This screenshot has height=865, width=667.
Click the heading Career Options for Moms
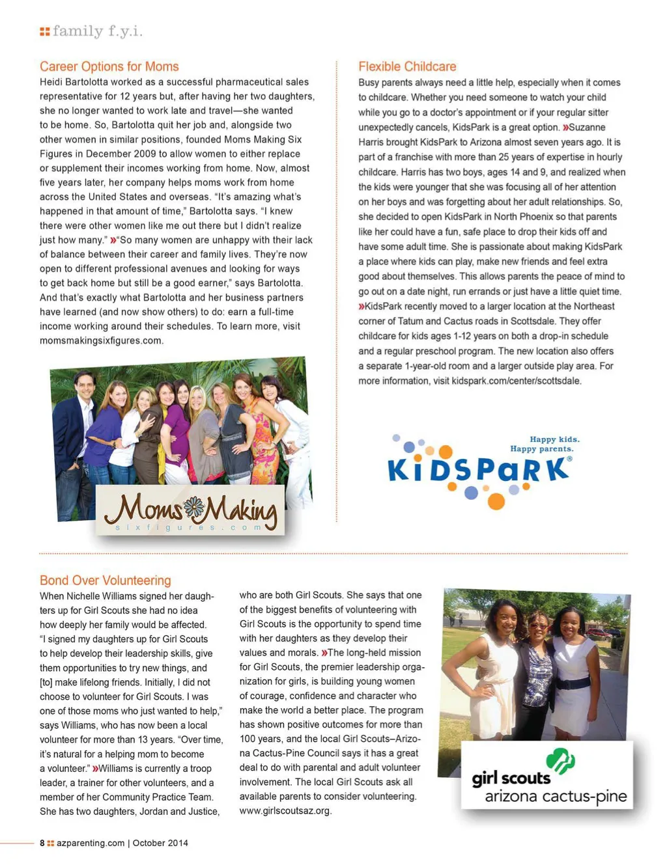click(109, 66)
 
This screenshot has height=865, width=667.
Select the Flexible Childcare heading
click(407, 66)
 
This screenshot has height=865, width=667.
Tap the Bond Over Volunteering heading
click(105, 580)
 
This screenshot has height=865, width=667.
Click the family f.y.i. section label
click(98, 31)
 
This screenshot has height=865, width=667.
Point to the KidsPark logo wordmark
click(478, 470)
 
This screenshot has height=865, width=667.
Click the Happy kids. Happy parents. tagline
click(544, 444)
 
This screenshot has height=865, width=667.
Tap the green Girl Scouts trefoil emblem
click(560, 761)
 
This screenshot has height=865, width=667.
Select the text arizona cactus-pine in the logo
click(555, 796)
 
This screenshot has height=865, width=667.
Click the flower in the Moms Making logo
click(194, 507)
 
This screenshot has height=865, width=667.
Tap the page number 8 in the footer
click(42, 843)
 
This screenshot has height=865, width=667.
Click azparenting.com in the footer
click(91, 843)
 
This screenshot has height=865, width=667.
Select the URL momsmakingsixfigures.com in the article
click(101, 340)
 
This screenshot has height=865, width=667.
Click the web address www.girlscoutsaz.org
click(285, 810)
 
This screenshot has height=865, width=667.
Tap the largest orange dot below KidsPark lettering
click(496, 501)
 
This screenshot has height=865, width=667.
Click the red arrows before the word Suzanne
click(565, 128)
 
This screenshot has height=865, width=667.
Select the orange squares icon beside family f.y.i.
click(44, 31)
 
